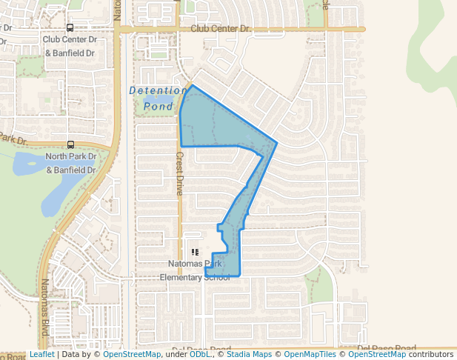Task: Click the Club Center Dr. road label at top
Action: tap(221, 28)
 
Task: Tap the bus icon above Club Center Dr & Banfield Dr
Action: tap(70, 27)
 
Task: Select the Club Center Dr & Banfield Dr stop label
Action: tap(70, 46)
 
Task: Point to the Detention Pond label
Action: tap(159, 98)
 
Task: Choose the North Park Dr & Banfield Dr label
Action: tap(71, 163)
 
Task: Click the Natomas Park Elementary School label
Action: tap(196, 270)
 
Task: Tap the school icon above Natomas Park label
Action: tap(196, 252)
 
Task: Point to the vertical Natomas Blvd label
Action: tap(44, 303)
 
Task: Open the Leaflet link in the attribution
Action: tap(41, 355)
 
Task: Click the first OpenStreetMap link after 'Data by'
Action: tap(132, 355)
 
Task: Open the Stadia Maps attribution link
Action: tap(249, 355)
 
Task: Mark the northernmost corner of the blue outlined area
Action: tap(193, 85)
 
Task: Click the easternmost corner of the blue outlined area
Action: tap(277, 142)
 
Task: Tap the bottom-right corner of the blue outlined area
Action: tap(240, 275)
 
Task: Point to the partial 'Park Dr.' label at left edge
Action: tap(13, 138)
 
